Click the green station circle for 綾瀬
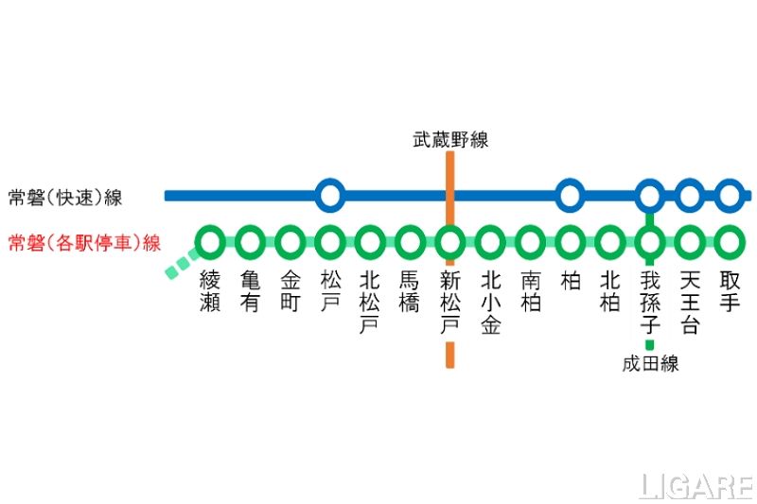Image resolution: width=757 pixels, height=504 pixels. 210,242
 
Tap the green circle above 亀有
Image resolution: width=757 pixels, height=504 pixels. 250,242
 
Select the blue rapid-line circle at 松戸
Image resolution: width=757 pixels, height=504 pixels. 329,196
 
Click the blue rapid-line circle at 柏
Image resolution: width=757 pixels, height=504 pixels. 569,196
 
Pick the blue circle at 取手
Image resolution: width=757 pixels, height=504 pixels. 729,196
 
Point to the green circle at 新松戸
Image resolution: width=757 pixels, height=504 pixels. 449,242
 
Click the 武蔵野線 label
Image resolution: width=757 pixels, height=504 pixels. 449,140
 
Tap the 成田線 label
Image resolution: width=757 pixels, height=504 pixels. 650,364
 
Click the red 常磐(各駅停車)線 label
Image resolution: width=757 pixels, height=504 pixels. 84,243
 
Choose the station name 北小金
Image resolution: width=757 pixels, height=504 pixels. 489,303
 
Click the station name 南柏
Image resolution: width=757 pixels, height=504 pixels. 530,292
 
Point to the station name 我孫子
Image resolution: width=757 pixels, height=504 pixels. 649,303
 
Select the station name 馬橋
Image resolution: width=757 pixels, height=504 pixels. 410,292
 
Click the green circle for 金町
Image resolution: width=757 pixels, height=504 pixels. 290,242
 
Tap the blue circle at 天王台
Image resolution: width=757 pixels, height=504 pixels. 689,196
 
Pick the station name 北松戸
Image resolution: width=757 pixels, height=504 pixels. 370,303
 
